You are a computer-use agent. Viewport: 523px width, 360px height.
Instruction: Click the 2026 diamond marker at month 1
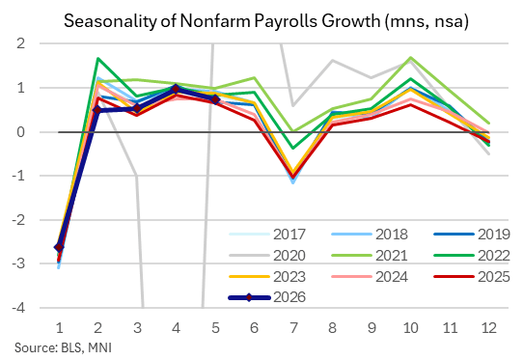coord(59,247)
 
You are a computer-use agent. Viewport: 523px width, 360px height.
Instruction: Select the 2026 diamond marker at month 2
coord(97,110)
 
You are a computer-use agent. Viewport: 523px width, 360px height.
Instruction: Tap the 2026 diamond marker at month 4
coord(177,89)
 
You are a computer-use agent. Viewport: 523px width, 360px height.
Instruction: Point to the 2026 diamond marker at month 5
coord(215,99)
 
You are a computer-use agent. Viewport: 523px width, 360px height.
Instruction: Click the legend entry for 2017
coord(267,235)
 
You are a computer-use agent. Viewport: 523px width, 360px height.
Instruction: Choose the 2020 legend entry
coord(267,256)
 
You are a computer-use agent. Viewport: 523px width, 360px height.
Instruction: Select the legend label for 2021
coord(392,256)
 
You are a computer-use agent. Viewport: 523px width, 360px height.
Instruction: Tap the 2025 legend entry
coord(472,277)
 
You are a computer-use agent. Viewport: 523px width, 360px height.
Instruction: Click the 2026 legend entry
coord(267,297)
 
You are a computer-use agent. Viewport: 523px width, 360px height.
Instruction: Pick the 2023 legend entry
coord(267,277)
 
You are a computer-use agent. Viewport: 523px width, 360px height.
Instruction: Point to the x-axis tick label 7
coord(293,328)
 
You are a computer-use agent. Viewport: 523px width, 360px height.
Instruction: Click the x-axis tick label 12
coord(488,328)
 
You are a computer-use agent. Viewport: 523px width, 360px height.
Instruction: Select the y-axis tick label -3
coord(18,263)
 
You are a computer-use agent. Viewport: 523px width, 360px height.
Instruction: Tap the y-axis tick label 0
coord(21,132)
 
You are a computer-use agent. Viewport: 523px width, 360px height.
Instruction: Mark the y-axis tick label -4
coord(18,307)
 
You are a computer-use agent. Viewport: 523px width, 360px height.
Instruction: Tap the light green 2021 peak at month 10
coord(411,57)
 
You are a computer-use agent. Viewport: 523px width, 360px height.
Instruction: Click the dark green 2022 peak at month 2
coord(97,59)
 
